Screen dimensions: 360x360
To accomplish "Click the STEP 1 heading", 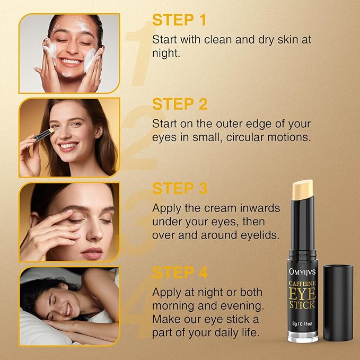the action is (x=179, y=20).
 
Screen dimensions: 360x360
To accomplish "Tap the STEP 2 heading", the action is (x=180, y=104).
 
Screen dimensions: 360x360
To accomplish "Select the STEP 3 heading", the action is (x=180, y=189).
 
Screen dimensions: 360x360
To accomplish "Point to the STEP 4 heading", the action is (x=180, y=273).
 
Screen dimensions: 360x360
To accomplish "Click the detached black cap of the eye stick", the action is (x=338, y=303).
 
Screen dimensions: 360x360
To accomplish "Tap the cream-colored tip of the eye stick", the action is (x=303, y=189).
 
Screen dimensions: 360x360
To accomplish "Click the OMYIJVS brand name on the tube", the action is (x=302, y=272).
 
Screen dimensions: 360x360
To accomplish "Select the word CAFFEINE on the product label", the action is (x=302, y=284).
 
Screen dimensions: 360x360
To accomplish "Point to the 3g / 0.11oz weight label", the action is (x=302, y=324).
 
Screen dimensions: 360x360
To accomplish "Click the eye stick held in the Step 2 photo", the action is (x=43, y=135).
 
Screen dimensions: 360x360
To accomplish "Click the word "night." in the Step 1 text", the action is (x=166, y=53).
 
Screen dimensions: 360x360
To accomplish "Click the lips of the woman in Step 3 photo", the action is (x=92, y=253).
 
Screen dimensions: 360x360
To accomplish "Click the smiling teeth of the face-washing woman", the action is (x=71, y=62).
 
